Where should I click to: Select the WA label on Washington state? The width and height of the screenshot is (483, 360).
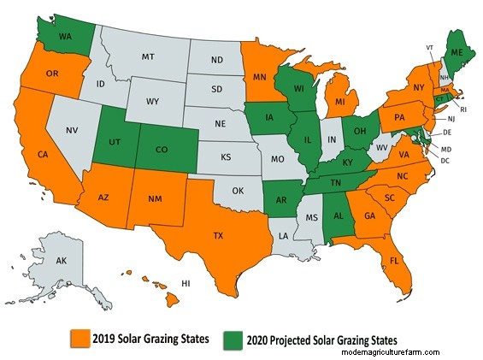point(65,37)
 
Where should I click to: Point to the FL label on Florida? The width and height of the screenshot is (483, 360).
point(396,258)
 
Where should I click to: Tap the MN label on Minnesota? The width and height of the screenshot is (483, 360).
point(256,76)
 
